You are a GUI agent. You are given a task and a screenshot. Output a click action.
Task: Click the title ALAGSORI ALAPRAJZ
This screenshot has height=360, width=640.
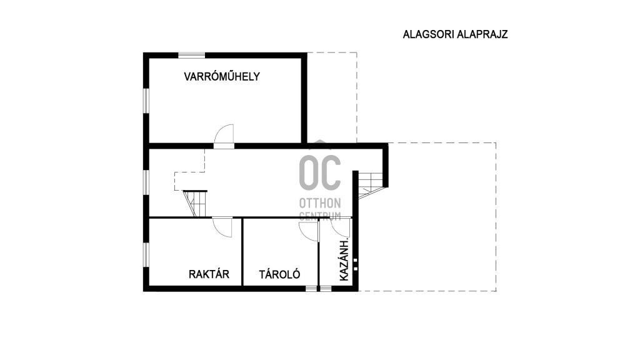point(455,34)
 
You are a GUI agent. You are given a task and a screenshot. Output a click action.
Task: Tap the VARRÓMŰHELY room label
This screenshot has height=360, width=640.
point(222,76)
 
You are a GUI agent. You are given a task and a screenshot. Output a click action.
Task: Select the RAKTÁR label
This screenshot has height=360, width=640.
point(209,274)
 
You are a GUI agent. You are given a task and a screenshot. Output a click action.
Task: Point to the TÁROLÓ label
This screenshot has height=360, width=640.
point(279,274)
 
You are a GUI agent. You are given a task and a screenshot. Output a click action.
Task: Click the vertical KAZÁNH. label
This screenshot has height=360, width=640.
point(344,259)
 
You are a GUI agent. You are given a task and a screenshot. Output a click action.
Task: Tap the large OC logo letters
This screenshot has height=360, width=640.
point(320,172)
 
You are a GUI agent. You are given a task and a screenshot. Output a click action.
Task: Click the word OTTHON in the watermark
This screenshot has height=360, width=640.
point(320,203)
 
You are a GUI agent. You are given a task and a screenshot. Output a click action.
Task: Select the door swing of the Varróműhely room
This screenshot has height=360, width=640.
point(224,134)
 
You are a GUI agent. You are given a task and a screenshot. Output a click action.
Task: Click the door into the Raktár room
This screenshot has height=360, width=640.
point(222,227)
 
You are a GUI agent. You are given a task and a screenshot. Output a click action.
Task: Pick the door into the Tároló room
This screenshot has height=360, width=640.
point(309,231)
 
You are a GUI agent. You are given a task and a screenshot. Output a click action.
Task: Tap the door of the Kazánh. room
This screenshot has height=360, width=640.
point(341,227)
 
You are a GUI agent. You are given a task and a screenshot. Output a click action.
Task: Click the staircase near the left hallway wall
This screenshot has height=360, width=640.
point(195,203)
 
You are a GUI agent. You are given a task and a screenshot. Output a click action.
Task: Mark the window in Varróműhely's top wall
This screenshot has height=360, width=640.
point(191,55)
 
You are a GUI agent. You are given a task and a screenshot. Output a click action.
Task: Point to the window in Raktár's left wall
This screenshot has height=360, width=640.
point(146,255)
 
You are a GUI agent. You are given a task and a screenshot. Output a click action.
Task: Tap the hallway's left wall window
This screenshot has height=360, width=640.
point(146,182)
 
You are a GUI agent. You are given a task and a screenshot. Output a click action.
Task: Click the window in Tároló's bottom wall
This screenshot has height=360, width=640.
point(311,289)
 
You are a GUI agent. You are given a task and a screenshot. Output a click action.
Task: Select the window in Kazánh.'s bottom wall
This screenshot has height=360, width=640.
point(326,289)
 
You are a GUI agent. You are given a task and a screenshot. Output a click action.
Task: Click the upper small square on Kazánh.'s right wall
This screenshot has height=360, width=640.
point(356,260)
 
